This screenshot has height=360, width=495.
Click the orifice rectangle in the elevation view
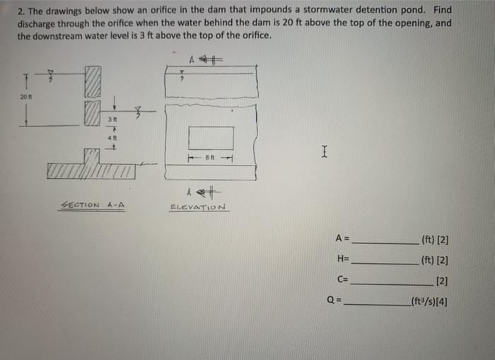[x=211, y=138]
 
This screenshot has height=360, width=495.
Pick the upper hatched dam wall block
[x=93, y=81]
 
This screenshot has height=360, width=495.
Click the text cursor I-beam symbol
[x=323, y=151]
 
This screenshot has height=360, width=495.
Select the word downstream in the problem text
[x=61, y=35]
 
